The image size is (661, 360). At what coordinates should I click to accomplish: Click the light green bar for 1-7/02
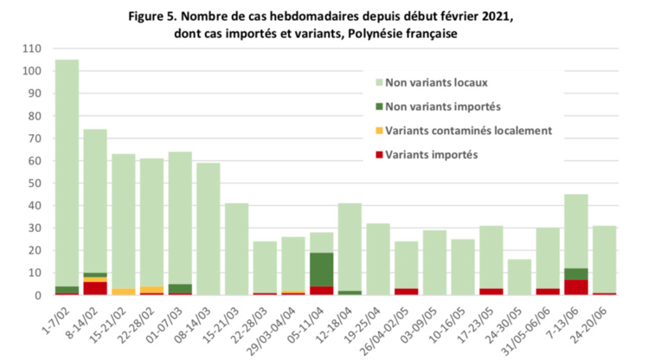click(67, 173)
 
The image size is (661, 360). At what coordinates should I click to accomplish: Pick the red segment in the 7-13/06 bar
click(576, 287)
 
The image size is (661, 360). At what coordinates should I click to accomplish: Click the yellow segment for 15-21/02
click(124, 292)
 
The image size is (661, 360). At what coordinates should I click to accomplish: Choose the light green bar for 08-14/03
click(208, 228)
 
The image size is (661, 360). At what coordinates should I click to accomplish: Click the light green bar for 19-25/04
click(377, 260)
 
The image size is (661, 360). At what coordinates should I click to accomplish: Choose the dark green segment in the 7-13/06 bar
click(576, 273)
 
